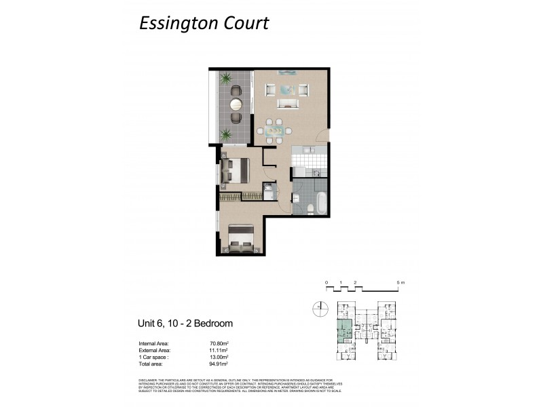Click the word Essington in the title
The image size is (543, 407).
point(178,24)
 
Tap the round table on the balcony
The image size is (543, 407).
point(236,104)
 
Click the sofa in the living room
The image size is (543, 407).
point(288,104)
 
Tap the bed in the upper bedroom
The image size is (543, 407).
point(235,170)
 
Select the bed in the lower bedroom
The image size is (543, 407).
point(239,239)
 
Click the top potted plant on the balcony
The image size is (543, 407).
point(226,78)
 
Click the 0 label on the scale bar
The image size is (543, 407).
point(326,282)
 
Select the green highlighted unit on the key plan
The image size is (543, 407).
point(345,332)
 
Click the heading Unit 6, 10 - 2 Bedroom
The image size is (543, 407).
point(185,324)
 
